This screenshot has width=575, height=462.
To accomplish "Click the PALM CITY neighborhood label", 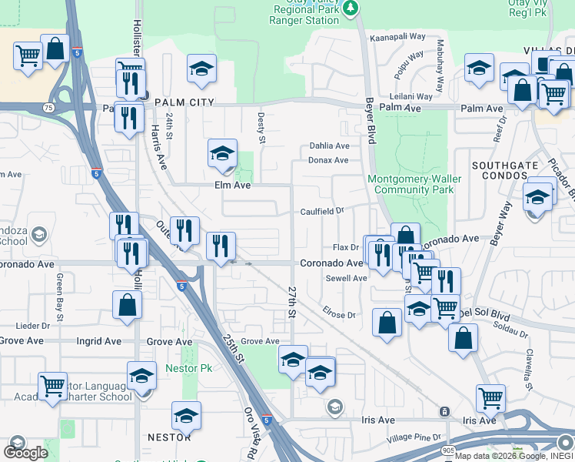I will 183,102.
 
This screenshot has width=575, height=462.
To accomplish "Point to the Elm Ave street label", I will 233,186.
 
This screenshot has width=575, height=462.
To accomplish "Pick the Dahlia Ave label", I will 329,146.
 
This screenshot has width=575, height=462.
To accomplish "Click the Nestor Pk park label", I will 182,369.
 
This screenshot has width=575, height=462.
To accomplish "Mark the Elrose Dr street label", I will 340,315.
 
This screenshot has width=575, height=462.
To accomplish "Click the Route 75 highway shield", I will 48,108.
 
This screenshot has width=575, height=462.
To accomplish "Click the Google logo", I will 25,452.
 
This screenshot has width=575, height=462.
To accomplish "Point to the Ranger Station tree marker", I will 351,7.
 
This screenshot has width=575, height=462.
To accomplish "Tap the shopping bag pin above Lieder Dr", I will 127,304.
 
